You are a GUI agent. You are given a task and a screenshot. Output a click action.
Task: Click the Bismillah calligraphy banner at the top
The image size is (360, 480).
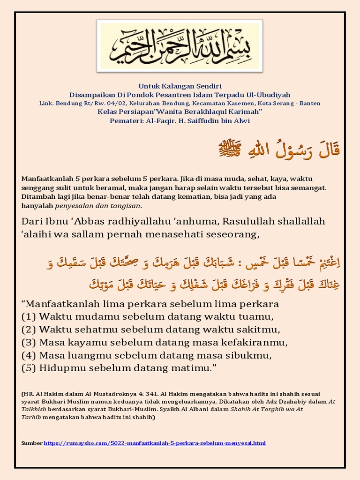click(x=180, y=45)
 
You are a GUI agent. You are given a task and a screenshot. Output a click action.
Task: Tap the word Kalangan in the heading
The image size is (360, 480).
click(x=176, y=86)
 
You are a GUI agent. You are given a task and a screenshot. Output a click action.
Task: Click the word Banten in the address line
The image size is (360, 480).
click(x=310, y=103)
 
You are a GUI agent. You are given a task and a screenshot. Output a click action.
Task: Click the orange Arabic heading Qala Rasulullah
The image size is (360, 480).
click(x=280, y=150)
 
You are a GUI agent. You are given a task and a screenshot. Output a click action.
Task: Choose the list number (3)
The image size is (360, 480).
click(x=29, y=343)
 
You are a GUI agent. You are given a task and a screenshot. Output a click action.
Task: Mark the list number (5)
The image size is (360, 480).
click(x=29, y=369)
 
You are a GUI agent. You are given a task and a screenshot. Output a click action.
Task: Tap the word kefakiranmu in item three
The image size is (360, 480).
click(x=259, y=343)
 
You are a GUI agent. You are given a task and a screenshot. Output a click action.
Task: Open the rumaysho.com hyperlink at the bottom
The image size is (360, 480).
click(x=155, y=443)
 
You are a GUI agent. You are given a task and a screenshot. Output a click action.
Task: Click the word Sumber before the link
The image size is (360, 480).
click(x=32, y=443)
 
